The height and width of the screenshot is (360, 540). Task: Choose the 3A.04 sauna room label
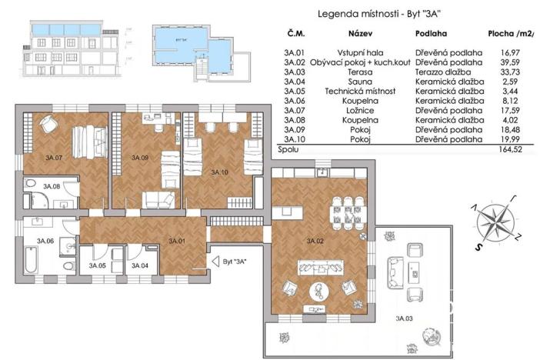(x=139, y=265)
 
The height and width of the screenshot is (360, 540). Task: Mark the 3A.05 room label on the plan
(x=97, y=265)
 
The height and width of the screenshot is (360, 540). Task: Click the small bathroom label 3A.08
(x=52, y=186)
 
